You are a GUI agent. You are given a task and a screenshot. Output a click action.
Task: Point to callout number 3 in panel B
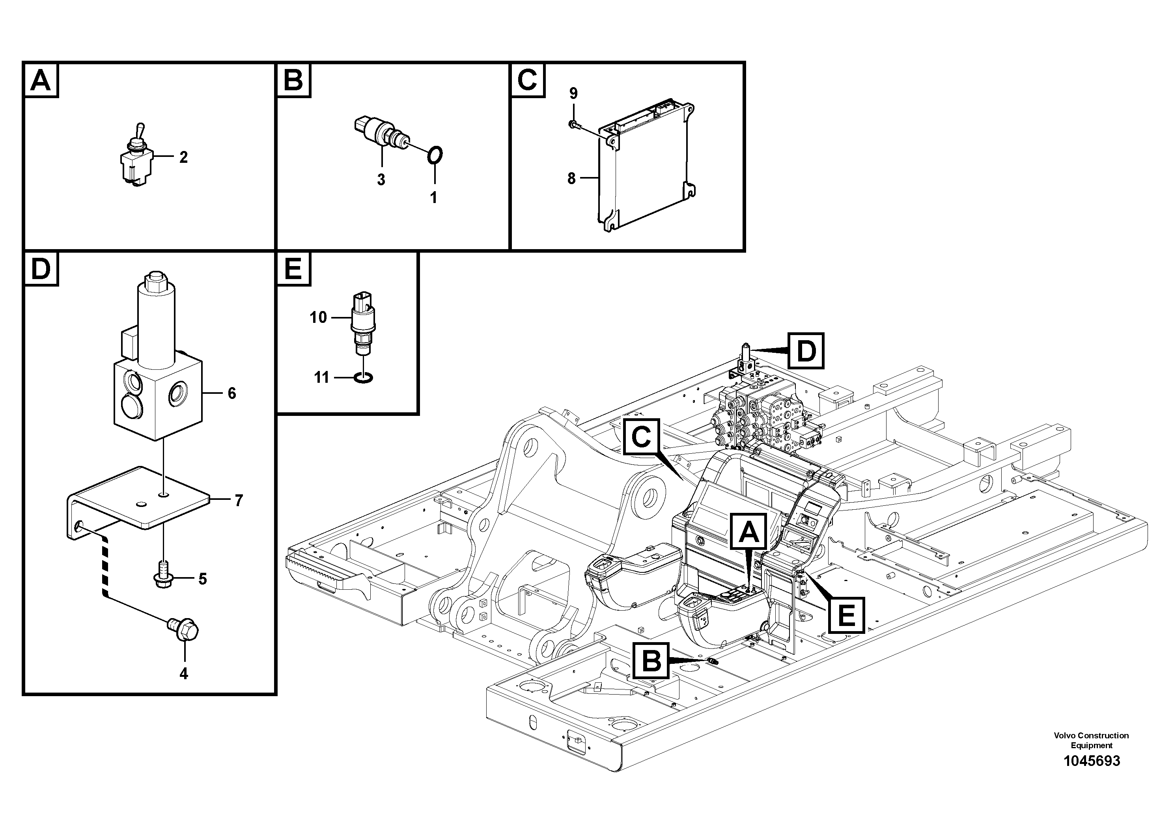[x=381, y=180]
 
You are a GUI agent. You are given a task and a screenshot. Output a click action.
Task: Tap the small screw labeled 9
[x=573, y=123]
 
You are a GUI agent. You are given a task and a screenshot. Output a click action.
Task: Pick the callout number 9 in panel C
[x=573, y=93]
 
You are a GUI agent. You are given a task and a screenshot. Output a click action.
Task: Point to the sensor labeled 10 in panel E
[x=362, y=322]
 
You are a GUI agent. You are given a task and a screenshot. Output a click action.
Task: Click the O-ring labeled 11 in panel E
[x=363, y=378]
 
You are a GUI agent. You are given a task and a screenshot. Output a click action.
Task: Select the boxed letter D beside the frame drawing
[x=805, y=351]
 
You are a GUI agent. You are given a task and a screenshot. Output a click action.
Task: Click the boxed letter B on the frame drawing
[x=651, y=661]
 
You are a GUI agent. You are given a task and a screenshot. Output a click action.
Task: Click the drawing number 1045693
[x=1091, y=775]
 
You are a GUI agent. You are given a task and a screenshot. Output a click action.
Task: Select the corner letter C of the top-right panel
[x=527, y=80]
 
